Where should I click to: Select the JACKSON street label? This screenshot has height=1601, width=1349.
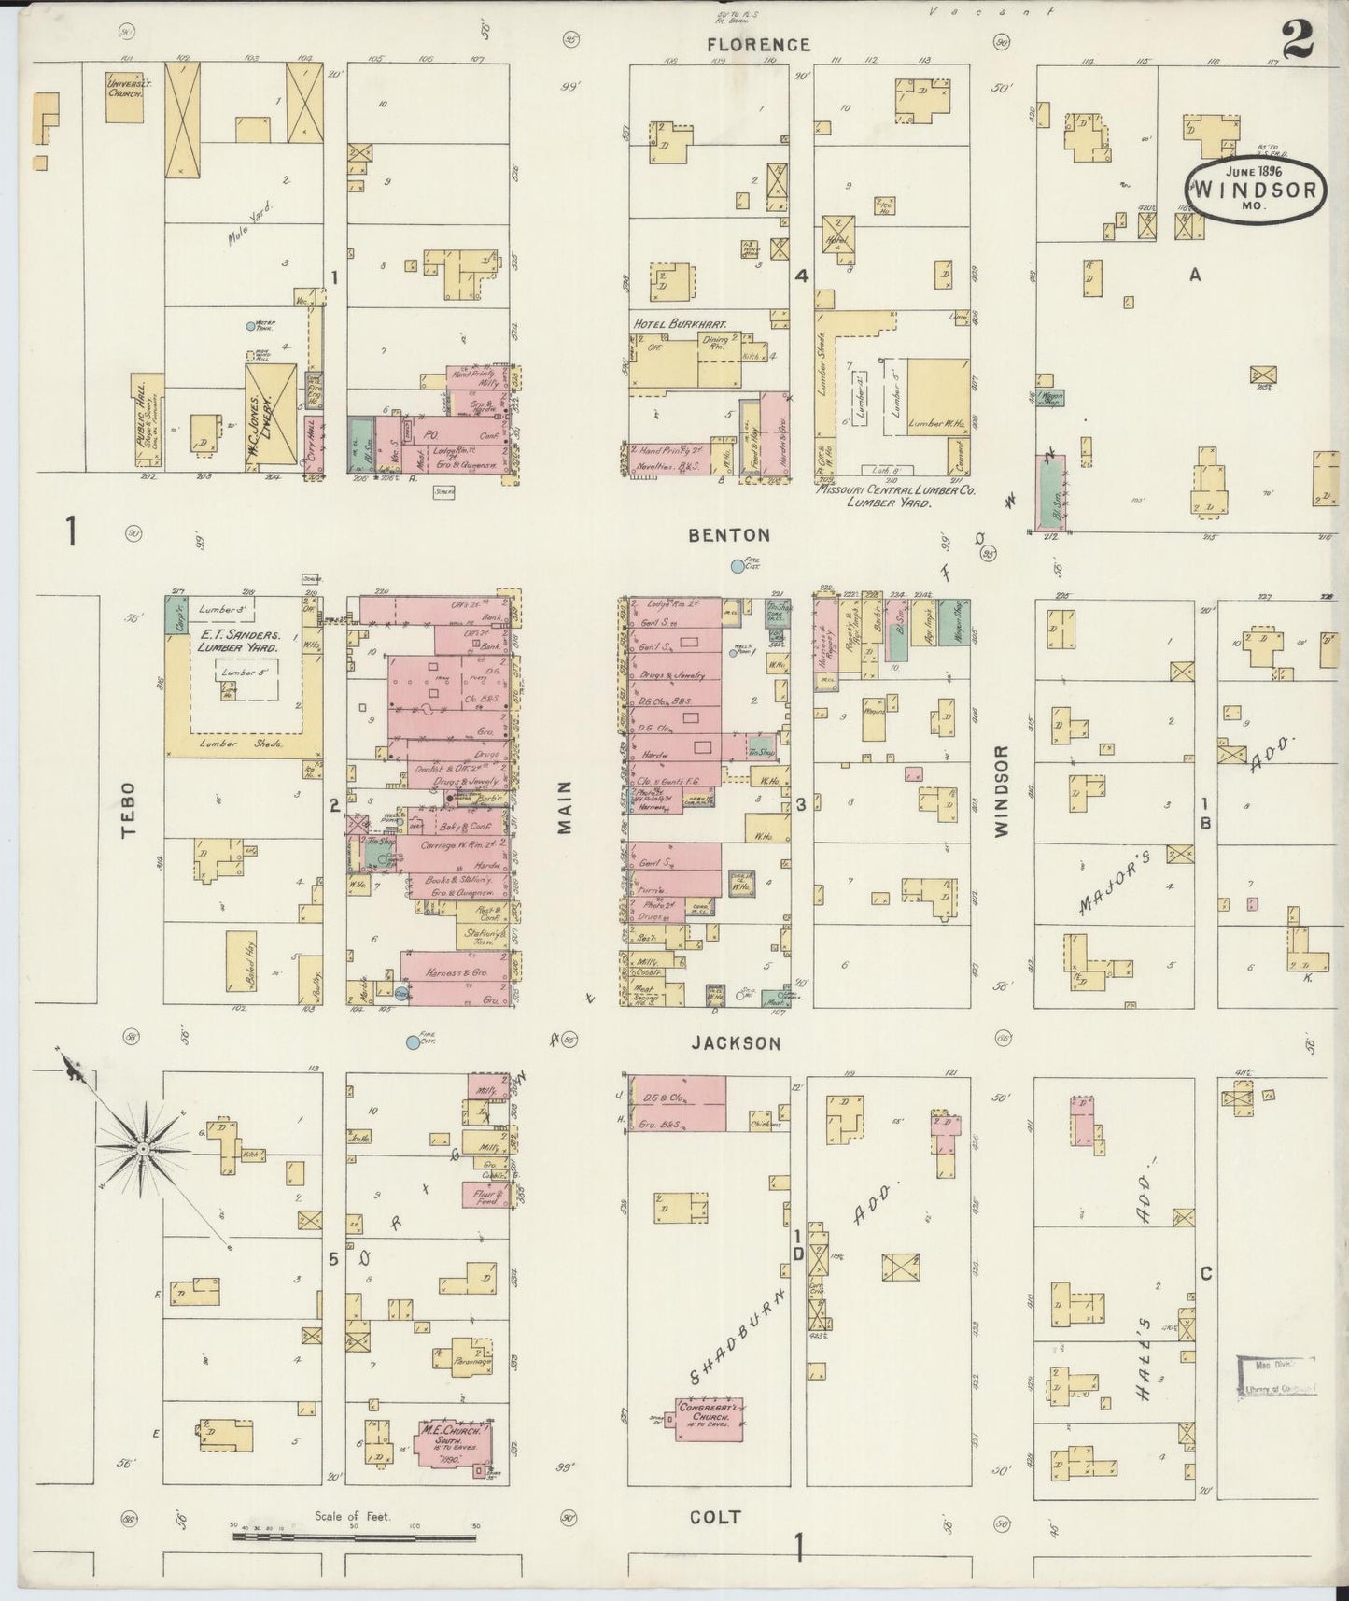pos(736,1043)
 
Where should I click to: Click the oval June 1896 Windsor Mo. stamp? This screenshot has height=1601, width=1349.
pos(1257,191)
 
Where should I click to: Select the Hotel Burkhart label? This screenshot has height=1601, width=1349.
pos(681,323)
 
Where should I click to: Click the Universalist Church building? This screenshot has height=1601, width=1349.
pos(124,96)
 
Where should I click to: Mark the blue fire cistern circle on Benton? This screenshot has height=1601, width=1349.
pos(738,565)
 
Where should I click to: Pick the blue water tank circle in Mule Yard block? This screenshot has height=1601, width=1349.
pos(250,326)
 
